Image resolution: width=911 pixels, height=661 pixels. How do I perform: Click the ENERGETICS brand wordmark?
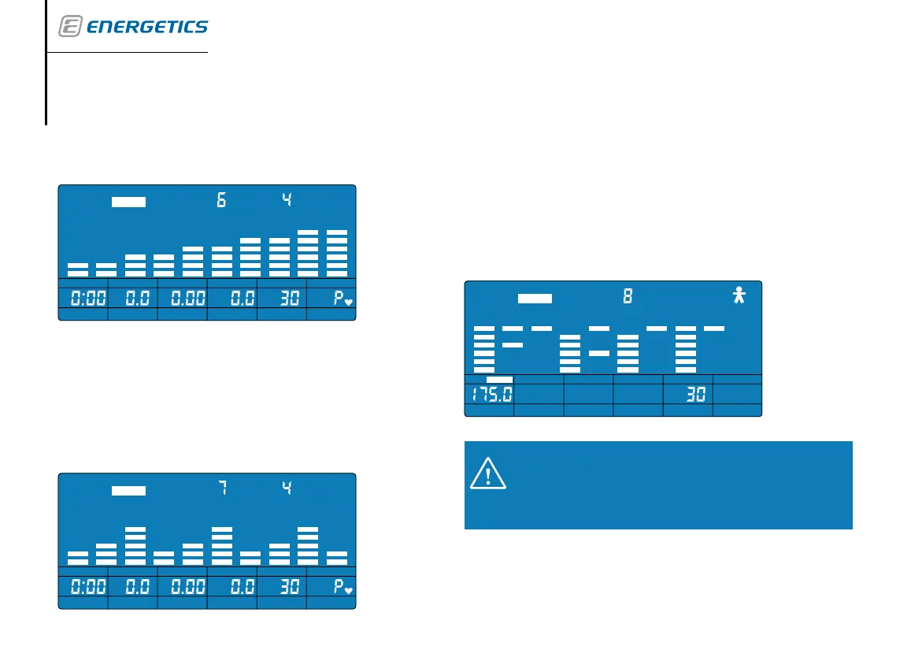click(x=146, y=28)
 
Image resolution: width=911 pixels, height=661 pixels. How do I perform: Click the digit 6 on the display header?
click(x=221, y=201)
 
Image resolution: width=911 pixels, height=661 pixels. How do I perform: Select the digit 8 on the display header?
click(x=628, y=297)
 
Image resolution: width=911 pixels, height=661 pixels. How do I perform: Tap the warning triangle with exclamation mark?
click(x=487, y=475)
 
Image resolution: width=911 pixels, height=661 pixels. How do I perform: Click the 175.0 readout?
click(x=489, y=394)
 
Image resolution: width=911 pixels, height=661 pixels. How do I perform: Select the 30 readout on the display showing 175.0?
click(x=694, y=394)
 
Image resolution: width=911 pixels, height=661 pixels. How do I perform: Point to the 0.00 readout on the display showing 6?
click(x=183, y=299)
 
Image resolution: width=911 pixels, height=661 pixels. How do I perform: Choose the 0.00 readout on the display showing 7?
click(x=183, y=587)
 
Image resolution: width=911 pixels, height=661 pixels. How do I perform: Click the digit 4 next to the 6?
click(x=287, y=201)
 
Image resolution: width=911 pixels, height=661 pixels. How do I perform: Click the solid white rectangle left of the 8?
click(x=535, y=299)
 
